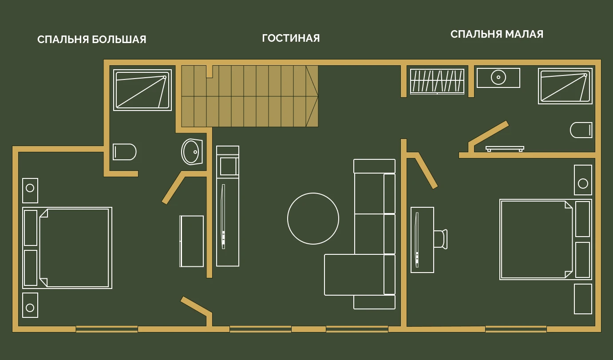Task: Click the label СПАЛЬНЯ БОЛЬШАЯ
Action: coord(92,40)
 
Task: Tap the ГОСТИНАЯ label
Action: coord(291,38)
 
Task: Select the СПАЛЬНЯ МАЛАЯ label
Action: coord(497,34)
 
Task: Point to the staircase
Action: coord(249,96)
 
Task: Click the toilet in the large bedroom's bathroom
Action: coord(125,152)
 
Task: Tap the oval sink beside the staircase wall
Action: coord(192,152)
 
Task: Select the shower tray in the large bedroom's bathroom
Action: coord(142,90)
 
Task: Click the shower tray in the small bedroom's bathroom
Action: coord(565,86)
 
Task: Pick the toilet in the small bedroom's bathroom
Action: coord(581,130)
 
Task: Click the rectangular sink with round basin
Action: coord(498,78)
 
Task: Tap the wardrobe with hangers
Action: coord(437,81)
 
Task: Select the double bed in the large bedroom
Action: coord(67,248)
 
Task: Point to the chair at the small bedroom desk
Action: coord(441,239)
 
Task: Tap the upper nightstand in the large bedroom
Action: coord(30,190)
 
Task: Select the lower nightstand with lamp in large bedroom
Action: coord(30,305)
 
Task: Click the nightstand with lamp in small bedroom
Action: coord(583,180)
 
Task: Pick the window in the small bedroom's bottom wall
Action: coord(516,329)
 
